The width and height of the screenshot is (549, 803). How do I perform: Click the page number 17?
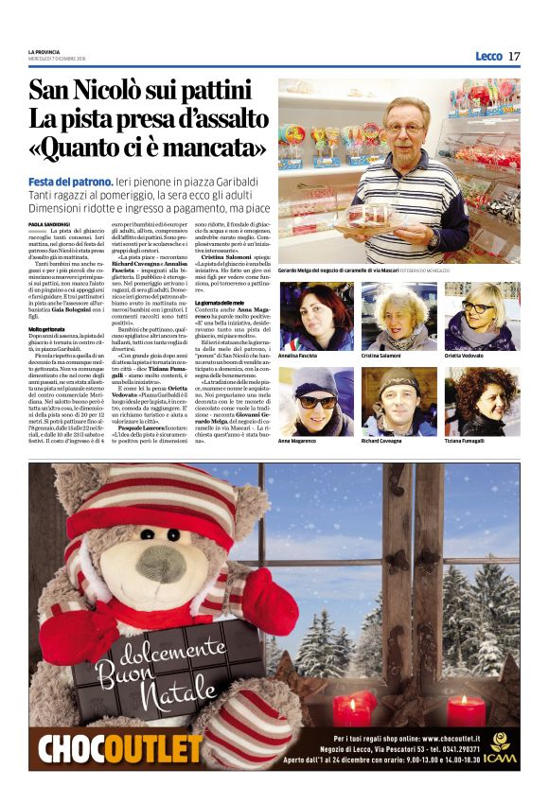click(514, 56)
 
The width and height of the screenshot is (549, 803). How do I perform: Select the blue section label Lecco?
click(488, 56)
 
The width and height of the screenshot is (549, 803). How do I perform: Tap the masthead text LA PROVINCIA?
click(45, 51)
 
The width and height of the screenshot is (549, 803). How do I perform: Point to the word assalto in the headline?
click(216, 120)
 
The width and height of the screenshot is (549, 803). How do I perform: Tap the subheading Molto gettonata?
click(46, 329)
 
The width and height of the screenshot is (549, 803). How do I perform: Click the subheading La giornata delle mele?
click(221, 275)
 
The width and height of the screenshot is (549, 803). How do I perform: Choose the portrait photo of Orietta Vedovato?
click(482, 316)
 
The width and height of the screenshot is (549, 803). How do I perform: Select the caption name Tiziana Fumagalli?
click(470, 441)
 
